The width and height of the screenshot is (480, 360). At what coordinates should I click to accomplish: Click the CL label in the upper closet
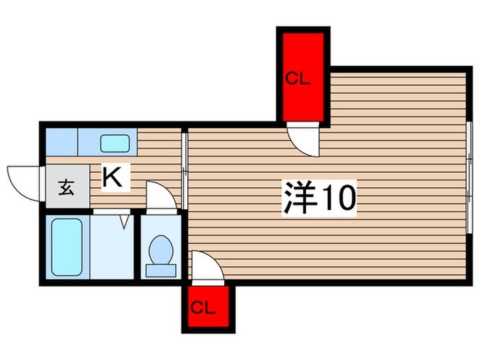coord(298,78)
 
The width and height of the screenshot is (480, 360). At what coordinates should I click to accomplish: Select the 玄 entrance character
coord(67,188)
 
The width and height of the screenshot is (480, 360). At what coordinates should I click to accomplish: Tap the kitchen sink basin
coord(115,143)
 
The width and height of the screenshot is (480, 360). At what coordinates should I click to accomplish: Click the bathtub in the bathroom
coord(67,247)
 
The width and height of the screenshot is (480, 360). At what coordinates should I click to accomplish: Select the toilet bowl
coord(160,250)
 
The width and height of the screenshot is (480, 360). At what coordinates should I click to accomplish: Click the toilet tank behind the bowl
coord(160,271)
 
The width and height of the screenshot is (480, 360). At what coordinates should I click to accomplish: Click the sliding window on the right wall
coord(469,178)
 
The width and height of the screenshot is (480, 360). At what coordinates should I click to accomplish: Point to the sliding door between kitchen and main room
coord(184,169)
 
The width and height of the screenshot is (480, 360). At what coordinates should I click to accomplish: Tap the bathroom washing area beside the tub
coord(112,247)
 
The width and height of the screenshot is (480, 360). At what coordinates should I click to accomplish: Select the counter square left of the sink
coord(62,142)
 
